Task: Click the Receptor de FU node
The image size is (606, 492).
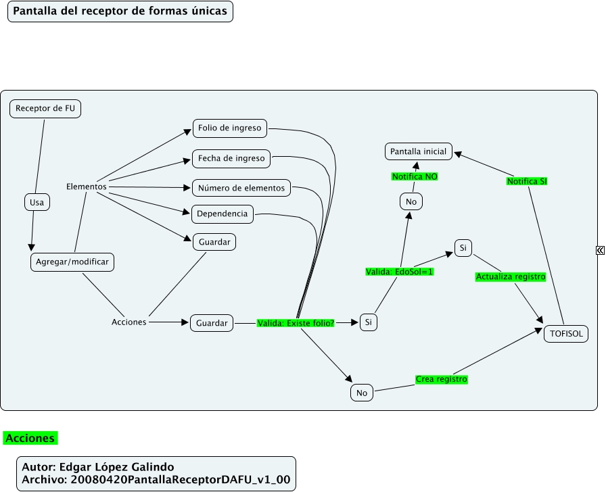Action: pos(45,109)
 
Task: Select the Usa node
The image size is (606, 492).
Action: pos(37,202)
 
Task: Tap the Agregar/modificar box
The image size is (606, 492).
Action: pos(72,262)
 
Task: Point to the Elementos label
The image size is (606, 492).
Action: pos(87,187)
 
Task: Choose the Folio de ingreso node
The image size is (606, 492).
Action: pos(230,128)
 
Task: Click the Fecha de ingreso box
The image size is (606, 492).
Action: pos(231,159)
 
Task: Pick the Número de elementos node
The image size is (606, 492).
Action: pos(241,188)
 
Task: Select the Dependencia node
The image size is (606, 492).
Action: pos(223,215)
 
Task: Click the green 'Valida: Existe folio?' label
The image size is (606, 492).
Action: pos(296,323)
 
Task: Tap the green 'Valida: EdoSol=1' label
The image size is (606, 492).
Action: pos(399,272)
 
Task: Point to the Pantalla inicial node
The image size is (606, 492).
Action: pos(419,151)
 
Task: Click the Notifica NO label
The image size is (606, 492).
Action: pos(415,176)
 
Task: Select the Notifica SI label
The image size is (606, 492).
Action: pos(527,181)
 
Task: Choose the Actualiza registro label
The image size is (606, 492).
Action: pos(511,276)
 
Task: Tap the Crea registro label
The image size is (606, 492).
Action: pos(442,379)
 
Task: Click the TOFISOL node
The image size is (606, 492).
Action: pos(565,333)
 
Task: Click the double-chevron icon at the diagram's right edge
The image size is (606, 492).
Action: pos(600,250)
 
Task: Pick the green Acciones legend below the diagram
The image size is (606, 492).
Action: pos(30,439)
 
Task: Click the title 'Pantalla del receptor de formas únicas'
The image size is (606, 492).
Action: pos(120,11)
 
